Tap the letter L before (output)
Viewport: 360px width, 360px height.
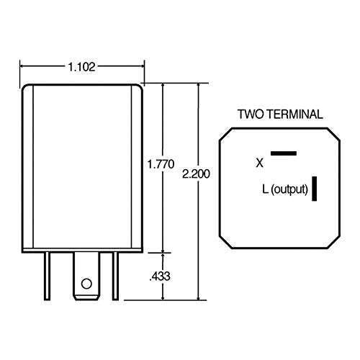[x=266, y=190]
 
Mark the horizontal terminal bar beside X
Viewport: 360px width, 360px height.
[x=284, y=153]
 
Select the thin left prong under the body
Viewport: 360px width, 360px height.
[x=48, y=276]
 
